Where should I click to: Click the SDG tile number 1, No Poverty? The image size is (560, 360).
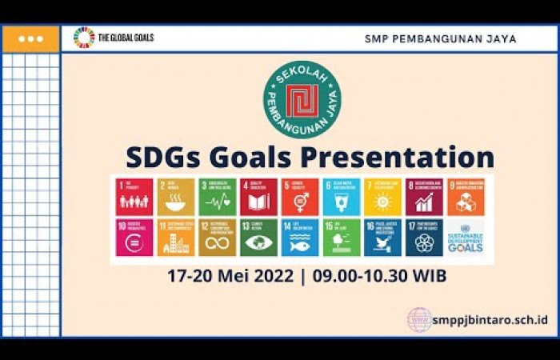[x=134, y=197]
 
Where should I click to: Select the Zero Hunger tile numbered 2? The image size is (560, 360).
[x=175, y=197]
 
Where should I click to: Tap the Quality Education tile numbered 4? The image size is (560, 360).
[x=258, y=197]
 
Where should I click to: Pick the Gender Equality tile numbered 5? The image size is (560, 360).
[x=300, y=197]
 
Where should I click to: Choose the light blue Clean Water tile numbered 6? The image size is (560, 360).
[x=342, y=197]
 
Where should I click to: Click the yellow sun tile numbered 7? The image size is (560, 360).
[x=382, y=197]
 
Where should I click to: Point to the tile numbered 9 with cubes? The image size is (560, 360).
[x=466, y=197]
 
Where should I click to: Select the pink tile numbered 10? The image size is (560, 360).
[x=134, y=238]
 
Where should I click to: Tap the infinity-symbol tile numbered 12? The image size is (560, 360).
[x=217, y=238]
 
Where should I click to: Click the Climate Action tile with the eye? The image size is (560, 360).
[x=258, y=238]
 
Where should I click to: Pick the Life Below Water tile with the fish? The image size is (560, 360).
[x=300, y=238]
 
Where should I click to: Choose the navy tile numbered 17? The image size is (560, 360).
[x=424, y=238]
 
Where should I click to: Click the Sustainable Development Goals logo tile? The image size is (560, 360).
[x=466, y=238]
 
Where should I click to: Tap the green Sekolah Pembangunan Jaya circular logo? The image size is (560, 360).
[x=302, y=99]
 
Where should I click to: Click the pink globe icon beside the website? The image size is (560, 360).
[x=419, y=318]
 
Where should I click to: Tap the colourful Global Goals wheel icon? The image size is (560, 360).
[x=84, y=38]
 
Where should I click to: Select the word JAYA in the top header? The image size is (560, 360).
[x=499, y=38]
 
